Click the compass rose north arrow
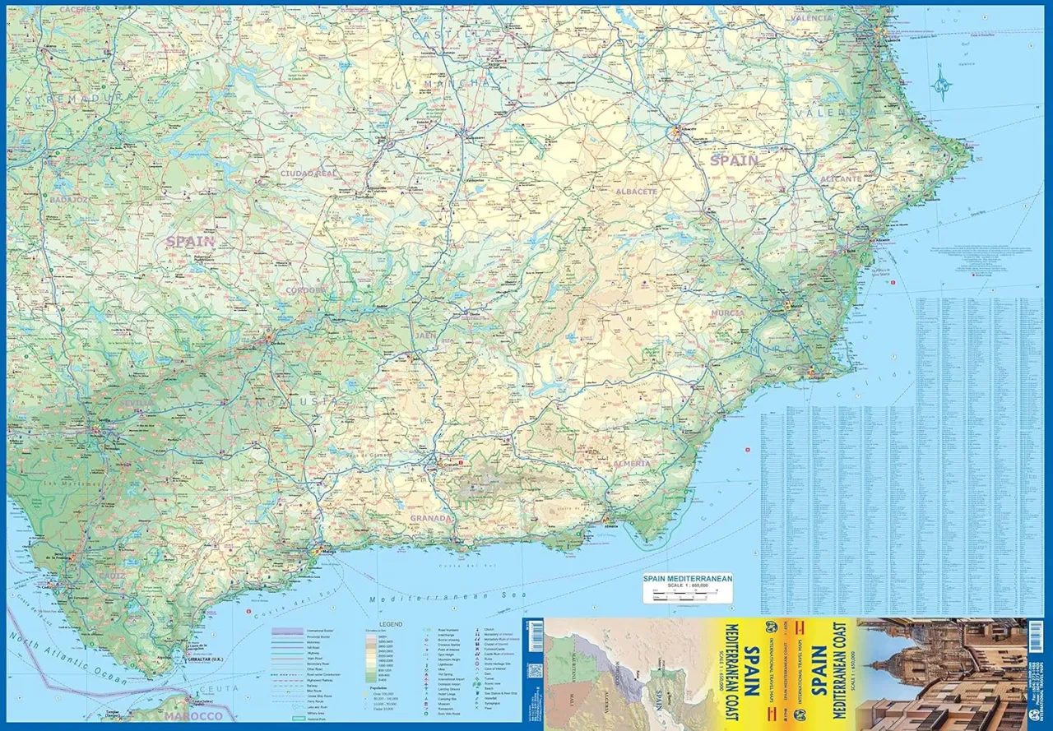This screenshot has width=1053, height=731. point(940,83)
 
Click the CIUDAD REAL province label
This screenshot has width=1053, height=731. point(309,173)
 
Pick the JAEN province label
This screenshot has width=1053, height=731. point(425,335)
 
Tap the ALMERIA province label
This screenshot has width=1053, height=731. point(632,464)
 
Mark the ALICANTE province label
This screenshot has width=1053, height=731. point(840,178)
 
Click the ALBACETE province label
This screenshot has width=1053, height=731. point(637,192)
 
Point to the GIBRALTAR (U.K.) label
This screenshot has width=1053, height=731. point(205,659)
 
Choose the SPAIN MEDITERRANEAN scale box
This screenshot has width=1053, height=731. point(687,587)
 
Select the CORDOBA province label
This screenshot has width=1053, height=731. point(306,290)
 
